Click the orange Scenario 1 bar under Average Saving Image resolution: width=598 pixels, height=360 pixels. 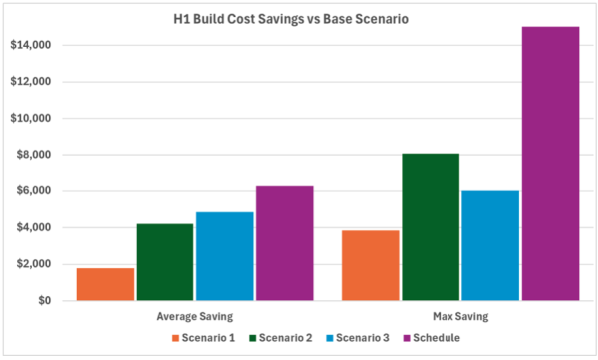pyautogui.click(x=106, y=284)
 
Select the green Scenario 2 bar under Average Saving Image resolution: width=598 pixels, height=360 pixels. pyautogui.click(x=164, y=262)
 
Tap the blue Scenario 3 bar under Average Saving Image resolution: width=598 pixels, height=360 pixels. pyautogui.click(x=225, y=256)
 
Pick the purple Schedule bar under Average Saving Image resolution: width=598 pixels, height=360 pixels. pyautogui.click(x=285, y=243)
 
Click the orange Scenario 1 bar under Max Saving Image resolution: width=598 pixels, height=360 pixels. pyautogui.click(x=371, y=265)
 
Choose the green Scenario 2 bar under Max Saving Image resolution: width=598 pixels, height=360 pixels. pyautogui.click(x=431, y=227)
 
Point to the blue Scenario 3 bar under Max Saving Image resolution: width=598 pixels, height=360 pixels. pyautogui.click(x=490, y=246)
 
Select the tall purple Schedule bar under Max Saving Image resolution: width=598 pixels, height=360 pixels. pyautogui.click(x=551, y=164)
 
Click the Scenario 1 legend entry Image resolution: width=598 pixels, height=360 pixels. pyautogui.click(x=203, y=338)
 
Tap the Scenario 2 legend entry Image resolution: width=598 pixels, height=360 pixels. pyautogui.click(x=281, y=338)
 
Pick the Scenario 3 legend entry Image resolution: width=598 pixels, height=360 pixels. pyautogui.click(x=358, y=338)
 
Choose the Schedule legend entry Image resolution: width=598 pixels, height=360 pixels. pyautogui.click(x=432, y=338)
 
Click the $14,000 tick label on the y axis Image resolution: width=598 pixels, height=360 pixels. pyautogui.click(x=31, y=45)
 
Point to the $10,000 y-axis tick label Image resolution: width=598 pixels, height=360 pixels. pyautogui.click(x=31, y=118)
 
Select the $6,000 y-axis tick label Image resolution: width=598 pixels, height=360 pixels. pyautogui.click(x=34, y=190)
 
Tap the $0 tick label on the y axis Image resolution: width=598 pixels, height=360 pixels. pyautogui.click(x=44, y=301)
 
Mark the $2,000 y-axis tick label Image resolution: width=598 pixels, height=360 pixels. pyautogui.click(x=34, y=264)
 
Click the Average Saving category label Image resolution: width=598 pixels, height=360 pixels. pyautogui.click(x=195, y=317)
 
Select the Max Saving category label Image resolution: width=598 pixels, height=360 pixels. pyautogui.click(x=460, y=317)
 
